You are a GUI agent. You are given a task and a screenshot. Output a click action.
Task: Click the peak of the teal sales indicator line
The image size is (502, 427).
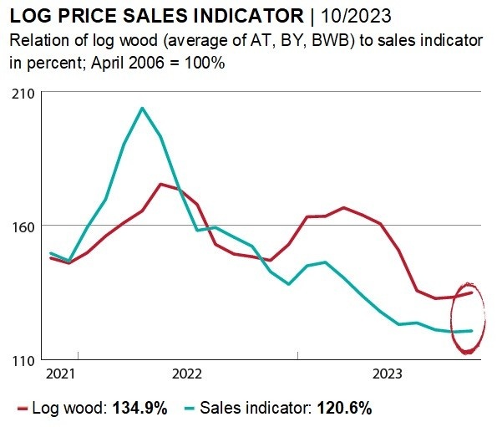coord(142,108)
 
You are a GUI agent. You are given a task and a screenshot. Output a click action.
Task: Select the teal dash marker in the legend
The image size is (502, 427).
coord(186,409)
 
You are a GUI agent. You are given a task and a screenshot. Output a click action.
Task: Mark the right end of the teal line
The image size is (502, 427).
coord(473,331)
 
